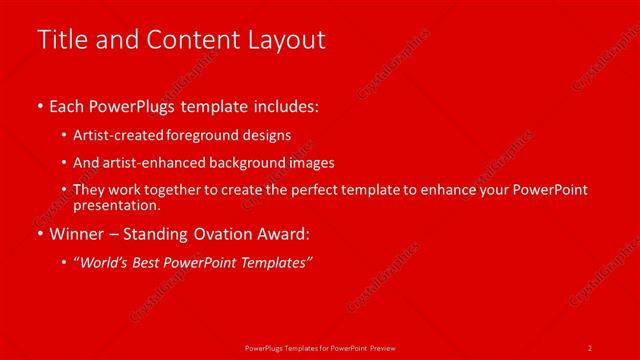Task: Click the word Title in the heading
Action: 60,40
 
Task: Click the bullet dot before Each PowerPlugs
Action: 39,106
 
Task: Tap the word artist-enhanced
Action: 149,163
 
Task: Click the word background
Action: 241,163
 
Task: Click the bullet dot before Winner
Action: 39,235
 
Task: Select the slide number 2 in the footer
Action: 590,347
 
